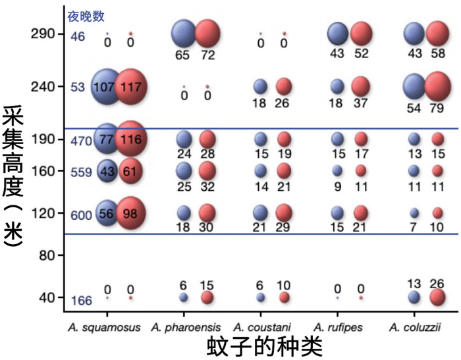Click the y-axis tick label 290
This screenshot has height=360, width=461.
coord(43,34)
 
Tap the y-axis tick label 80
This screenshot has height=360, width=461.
coord(47,255)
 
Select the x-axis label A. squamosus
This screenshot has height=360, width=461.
coord(104,327)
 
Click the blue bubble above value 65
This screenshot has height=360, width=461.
coord(184,33)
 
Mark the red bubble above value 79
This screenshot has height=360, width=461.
coord(441,86)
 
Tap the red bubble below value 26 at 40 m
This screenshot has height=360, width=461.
coord(437,297)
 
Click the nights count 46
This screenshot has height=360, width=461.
coord(78,37)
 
